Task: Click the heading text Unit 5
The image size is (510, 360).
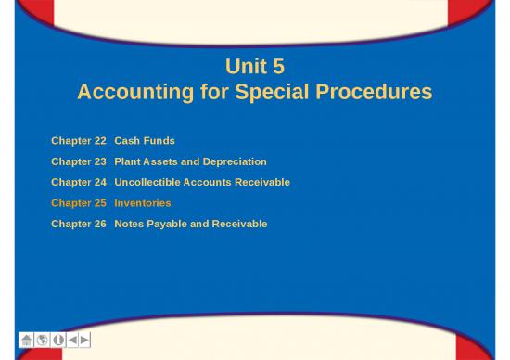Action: tap(255, 67)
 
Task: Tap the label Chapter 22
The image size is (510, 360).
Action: tap(79, 141)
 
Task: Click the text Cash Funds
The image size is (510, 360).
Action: tap(145, 141)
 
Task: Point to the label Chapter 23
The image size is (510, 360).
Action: tap(79, 161)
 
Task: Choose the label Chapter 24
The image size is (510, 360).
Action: tap(79, 182)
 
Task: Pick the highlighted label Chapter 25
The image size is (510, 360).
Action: tap(79, 203)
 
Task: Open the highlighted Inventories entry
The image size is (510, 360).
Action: tap(143, 203)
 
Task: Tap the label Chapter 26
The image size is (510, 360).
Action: tap(79, 224)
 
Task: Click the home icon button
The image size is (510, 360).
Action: tap(26, 341)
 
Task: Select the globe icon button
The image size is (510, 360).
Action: tap(42, 341)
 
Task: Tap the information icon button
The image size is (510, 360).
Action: tap(57, 341)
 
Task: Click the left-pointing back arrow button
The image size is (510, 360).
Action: tap(72, 341)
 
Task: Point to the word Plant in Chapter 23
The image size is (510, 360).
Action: tap(128, 161)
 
